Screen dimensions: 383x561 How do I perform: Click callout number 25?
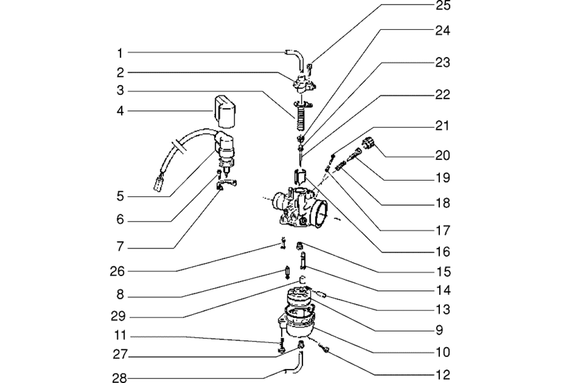[x=443, y=6]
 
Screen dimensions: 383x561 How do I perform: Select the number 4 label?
[x=119, y=111]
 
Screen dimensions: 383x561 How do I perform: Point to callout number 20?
[x=443, y=155]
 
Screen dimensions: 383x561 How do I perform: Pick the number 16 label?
[x=443, y=252]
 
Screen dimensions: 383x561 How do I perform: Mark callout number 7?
[x=119, y=246]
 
